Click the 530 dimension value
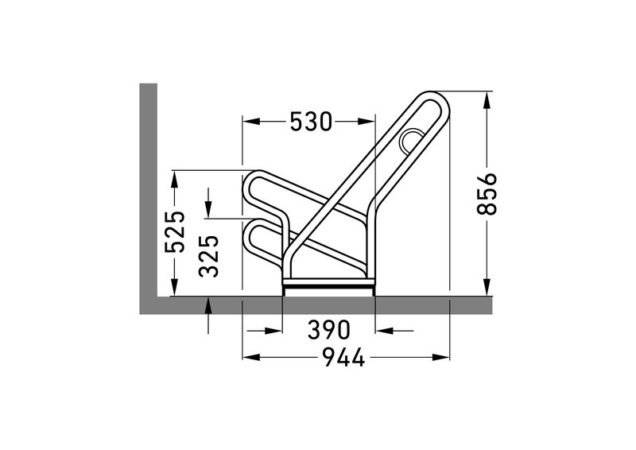click(311, 122)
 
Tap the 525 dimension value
click(175, 231)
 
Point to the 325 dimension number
click(209, 256)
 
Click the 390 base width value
click(328, 329)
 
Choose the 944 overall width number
click(344, 358)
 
